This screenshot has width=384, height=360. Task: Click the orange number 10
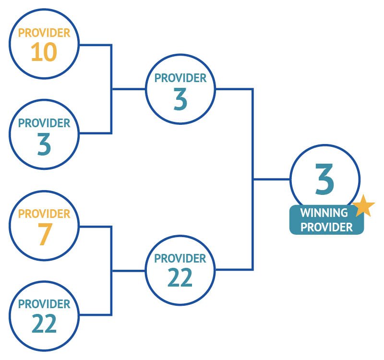44,52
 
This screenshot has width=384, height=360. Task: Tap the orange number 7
45,234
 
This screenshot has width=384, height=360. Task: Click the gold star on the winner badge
364,206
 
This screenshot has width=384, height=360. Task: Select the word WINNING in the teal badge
324,213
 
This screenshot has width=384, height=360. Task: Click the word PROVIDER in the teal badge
327,227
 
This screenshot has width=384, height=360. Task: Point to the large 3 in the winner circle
324,179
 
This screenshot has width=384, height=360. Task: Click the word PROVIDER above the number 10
44,33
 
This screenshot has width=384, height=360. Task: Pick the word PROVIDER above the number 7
44,214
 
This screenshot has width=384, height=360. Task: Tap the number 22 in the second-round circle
180,277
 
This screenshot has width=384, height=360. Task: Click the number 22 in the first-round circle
44,323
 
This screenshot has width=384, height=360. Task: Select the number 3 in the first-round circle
44,144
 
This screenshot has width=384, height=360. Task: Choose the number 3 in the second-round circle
180,99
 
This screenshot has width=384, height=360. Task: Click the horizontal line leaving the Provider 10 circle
96,45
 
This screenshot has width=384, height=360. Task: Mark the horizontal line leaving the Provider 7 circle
96,227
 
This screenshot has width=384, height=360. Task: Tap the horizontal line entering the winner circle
272,179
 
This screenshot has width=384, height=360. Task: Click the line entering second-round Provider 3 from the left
129,89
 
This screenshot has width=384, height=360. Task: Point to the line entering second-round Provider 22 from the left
129,271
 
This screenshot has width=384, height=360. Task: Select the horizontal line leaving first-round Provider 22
96,315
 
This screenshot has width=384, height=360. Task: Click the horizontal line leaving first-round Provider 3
96,133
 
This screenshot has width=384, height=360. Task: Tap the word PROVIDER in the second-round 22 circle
180,259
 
